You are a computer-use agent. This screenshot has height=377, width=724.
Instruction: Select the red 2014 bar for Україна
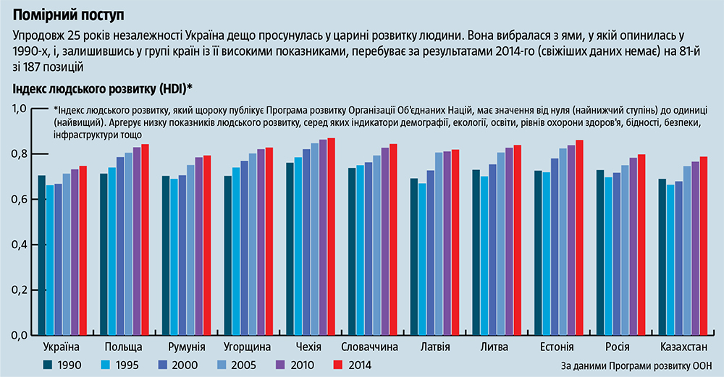click(x=83, y=250)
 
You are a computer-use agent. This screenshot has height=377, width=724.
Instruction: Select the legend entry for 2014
click(x=350, y=365)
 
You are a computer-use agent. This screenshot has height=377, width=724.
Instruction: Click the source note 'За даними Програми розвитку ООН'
click(x=637, y=366)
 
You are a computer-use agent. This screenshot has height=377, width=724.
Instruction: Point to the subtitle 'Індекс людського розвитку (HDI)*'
click(x=102, y=89)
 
